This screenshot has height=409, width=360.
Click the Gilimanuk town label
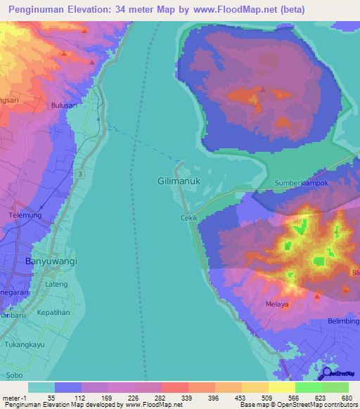click(176, 181)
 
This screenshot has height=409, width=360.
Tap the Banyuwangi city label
click(51, 261)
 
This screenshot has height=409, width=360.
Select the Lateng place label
click(57, 284)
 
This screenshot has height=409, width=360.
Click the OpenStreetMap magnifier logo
click(327, 373)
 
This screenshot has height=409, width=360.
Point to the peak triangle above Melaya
click(317, 296)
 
